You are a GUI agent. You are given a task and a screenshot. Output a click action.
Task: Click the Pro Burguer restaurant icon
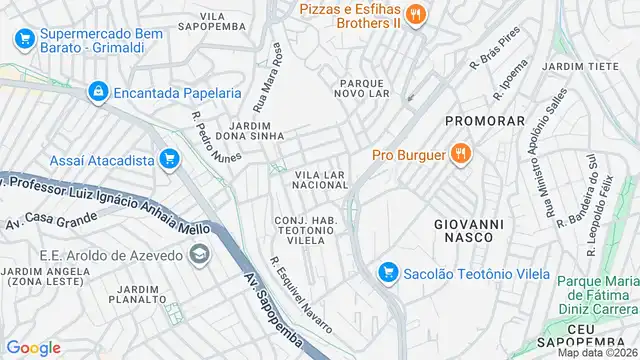(x=460, y=154)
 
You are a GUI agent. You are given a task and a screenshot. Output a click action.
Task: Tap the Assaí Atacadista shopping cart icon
(x=169, y=158)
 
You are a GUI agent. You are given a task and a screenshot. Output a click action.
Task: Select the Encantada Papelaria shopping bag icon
(x=97, y=92)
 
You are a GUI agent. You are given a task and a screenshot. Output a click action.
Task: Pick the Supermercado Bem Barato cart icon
(x=24, y=39)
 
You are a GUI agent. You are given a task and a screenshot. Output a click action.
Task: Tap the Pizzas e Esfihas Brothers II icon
(x=418, y=14)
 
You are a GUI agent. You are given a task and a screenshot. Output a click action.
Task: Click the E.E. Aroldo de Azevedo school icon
(x=199, y=255)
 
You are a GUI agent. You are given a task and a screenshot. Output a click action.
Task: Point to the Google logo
(x=34, y=347)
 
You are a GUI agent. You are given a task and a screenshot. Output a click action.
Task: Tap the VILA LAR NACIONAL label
(x=320, y=180)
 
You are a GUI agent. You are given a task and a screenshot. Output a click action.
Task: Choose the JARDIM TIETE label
(x=575, y=66)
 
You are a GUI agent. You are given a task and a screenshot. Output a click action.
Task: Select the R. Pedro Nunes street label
(x=216, y=140)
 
